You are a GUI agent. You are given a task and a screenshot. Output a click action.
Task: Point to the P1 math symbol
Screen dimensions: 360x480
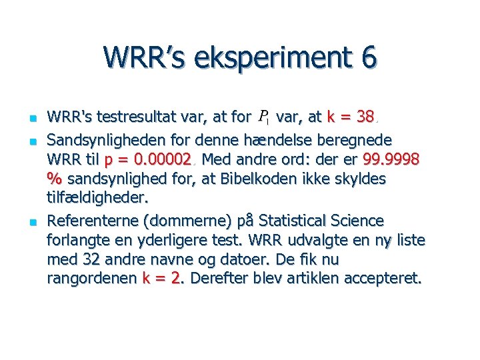[x=263, y=119]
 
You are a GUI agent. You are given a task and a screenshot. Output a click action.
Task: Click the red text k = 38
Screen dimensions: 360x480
[x=351, y=118]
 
